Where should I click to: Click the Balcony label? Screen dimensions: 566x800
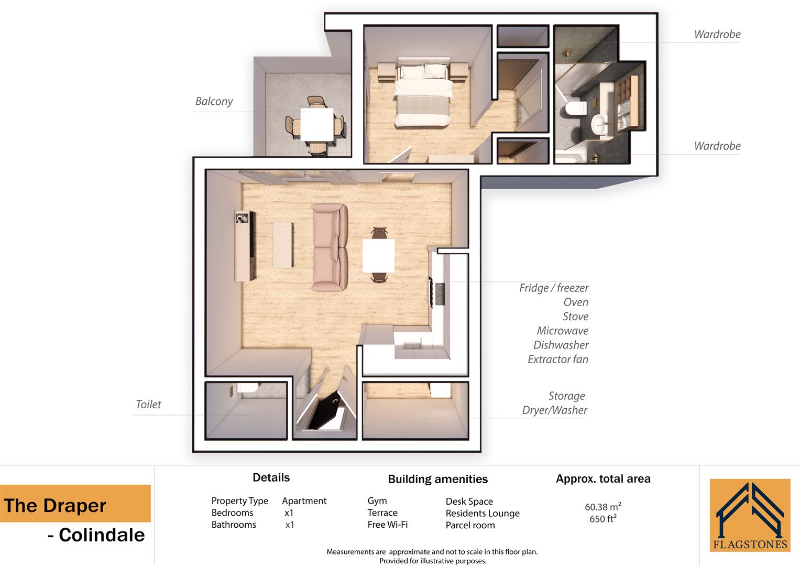[214, 101]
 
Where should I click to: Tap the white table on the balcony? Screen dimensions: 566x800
[317, 125]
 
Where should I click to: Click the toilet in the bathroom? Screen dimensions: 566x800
[575, 109]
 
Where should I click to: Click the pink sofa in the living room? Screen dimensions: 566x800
[330, 247]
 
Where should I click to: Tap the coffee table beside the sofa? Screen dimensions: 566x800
[283, 245]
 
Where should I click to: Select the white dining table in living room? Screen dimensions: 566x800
[378, 255]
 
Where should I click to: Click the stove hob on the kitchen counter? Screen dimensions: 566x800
[440, 294]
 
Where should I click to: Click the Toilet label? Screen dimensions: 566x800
[148, 404]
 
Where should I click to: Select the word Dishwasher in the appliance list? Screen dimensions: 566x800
[561, 345]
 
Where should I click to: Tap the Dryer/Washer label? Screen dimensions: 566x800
[554, 410]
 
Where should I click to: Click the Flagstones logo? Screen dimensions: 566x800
[750, 515]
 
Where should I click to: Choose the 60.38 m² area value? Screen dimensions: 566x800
[602, 507]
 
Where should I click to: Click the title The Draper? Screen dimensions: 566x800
[55, 506]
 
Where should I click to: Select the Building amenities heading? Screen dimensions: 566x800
[437, 479]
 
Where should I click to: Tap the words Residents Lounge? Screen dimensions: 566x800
[483, 513]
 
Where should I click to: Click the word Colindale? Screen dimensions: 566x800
[102, 535]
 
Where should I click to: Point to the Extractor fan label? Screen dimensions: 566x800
[557, 359]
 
